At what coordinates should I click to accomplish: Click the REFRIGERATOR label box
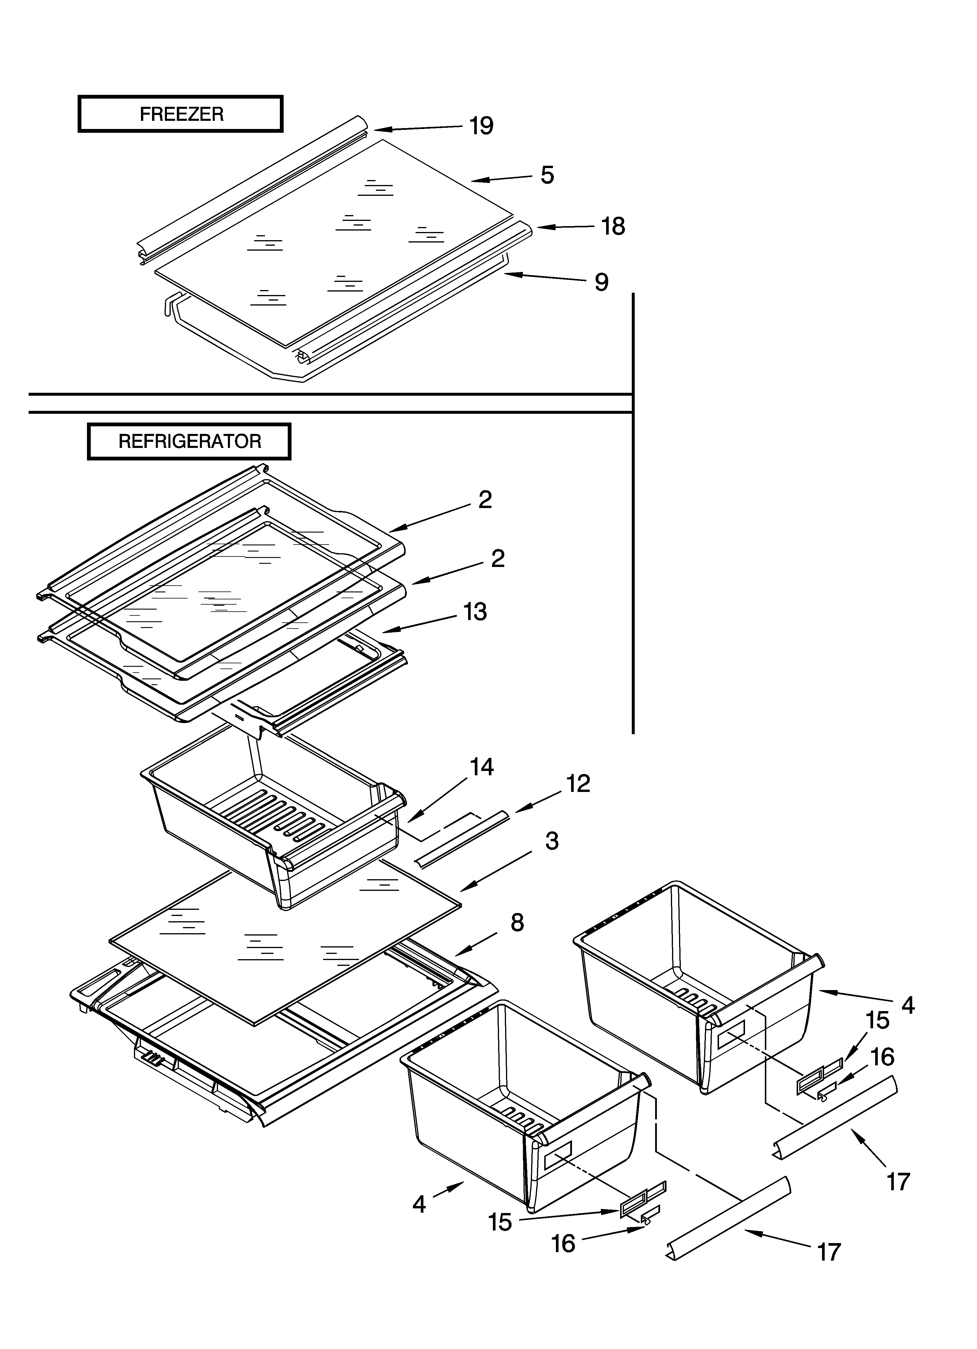(189, 441)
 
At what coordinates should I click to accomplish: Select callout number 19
(481, 126)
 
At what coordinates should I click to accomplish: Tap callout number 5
(547, 175)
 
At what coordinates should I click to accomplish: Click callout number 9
(601, 282)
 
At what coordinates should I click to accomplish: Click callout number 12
(578, 784)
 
